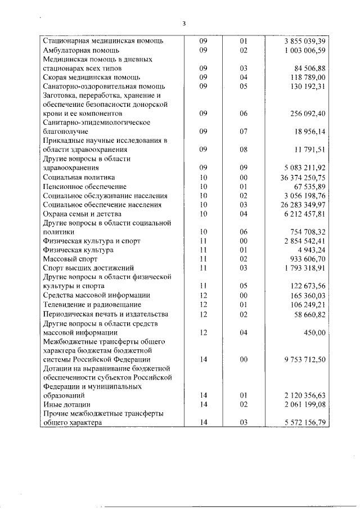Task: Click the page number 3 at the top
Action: coord(183,23)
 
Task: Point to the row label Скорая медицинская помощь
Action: coord(91,77)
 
